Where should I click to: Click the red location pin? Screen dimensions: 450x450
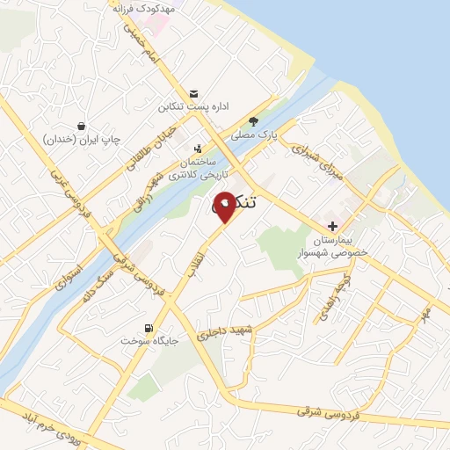click(x=225, y=206)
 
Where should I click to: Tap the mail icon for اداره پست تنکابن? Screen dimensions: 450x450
click(x=193, y=94)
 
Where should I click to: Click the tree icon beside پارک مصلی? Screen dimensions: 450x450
click(x=254, y=122)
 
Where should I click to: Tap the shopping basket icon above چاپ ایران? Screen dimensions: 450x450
click(x=81, y=126)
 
